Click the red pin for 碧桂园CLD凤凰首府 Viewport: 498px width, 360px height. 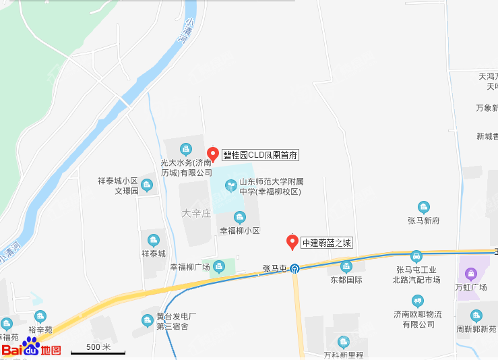(x=212, y=154)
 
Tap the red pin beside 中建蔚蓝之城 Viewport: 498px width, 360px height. (x=292, y=241)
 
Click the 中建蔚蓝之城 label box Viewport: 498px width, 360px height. (x=326, y=243)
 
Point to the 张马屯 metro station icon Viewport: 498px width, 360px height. (x=295, y=268)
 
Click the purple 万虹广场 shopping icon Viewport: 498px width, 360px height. (x=470, y=274)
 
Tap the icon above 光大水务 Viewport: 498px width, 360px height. (x=186, y=149)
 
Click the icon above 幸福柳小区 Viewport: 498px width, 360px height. (x=239, y=217)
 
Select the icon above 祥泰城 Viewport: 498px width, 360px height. (x=154, y=240)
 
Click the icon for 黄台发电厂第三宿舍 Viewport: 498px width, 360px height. (x=148, y=320)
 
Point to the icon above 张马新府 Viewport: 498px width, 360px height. (x=424, y=207)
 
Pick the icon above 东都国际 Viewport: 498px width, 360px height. (x=346, y=267)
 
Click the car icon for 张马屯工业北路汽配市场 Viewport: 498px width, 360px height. (x=417, y=256)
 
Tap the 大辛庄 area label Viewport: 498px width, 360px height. (x=197, y=213)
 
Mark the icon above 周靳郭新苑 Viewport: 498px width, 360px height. (x=476, y=316)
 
